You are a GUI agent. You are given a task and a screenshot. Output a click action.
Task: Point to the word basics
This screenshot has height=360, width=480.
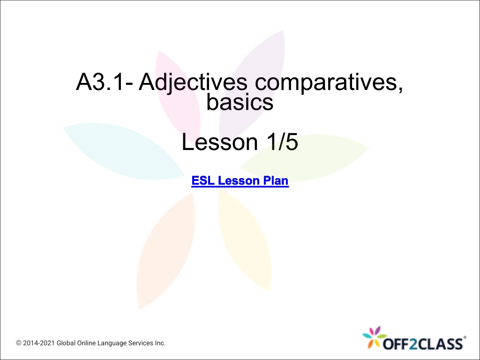click(x=240, y=102)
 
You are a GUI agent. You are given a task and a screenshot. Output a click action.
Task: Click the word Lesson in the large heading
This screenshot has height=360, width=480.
click(x=220, y=142)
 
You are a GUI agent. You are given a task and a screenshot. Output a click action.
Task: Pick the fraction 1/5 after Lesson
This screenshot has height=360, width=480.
click(x=282, y=142)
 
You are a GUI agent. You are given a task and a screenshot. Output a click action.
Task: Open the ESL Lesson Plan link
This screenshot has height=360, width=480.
click(x=240, y=180)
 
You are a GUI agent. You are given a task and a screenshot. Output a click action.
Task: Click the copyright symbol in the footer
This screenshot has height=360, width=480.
click(x=19, y=343)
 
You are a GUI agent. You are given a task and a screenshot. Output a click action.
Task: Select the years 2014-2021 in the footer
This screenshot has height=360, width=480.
click(x=39, y=343)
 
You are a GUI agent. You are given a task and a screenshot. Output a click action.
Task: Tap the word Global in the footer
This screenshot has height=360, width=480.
click(x=66, y=343)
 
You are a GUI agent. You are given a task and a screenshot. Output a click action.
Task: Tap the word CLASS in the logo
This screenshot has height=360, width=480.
click(x=440, y=344)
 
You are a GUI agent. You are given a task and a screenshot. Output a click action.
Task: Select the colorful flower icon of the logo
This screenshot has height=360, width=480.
click(x=374, y=337)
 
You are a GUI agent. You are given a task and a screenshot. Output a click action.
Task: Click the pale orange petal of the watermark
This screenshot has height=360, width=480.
click(x=165, y=251)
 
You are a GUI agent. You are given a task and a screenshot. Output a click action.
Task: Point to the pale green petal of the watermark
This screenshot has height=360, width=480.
click(x=305, y=157)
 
